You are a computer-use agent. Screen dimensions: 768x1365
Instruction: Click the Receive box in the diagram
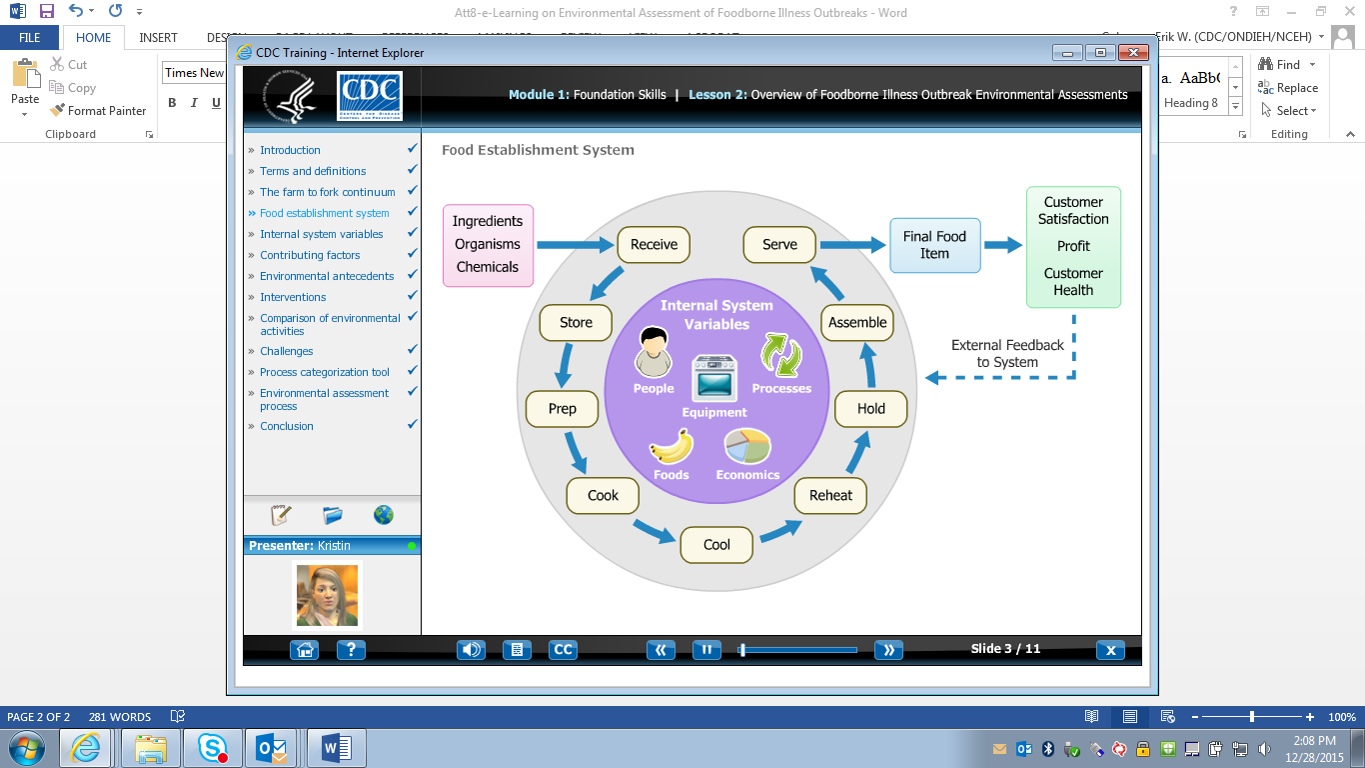pyautogui.click(x=654, y=245)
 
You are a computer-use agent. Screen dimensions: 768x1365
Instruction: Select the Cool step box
pyautogui.click(x=716, y=545)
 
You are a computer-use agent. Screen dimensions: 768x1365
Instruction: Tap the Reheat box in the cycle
pyautogui.click(x=830, y=496)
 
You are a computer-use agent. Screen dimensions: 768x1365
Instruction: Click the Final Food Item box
pyautogui.click(x=934, y=245)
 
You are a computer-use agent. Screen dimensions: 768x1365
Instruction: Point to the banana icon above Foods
pyautogui.click(x=671, y=446)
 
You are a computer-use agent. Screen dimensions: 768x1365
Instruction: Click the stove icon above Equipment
pyautogui.click(x=714, y=378)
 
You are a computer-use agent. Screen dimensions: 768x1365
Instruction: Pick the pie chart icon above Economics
pyautogui.click(x=746, y=446)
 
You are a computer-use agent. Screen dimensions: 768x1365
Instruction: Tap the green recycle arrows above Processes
pyautogui.click(x=780, y=355)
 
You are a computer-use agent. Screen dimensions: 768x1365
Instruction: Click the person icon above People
pyautogui.click(x=654, y=351)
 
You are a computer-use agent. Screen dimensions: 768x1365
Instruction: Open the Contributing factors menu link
pyautogui.click(x=310, y=255)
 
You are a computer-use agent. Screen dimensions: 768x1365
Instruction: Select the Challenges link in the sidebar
pyautogui.click(x=287, y=351)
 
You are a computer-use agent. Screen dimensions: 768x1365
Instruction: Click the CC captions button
pyautogui.click(x=564, y=650)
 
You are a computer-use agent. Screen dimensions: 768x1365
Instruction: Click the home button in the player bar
pyautogui.click(x=305, y=650)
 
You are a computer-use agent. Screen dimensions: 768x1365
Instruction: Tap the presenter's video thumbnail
pyautogui.click(x=327, y=595)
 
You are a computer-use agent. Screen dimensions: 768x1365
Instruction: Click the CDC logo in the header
pyautogui.click(x=369, y=95)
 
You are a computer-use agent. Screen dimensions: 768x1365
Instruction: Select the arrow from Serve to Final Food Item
pyautogui.click(x=852, y=244)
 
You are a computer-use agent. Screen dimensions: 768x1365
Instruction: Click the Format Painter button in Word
pyautogui.click(x=98, y=111)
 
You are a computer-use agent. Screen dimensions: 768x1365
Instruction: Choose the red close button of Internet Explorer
pyautogui.click(x=1132, y=53)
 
